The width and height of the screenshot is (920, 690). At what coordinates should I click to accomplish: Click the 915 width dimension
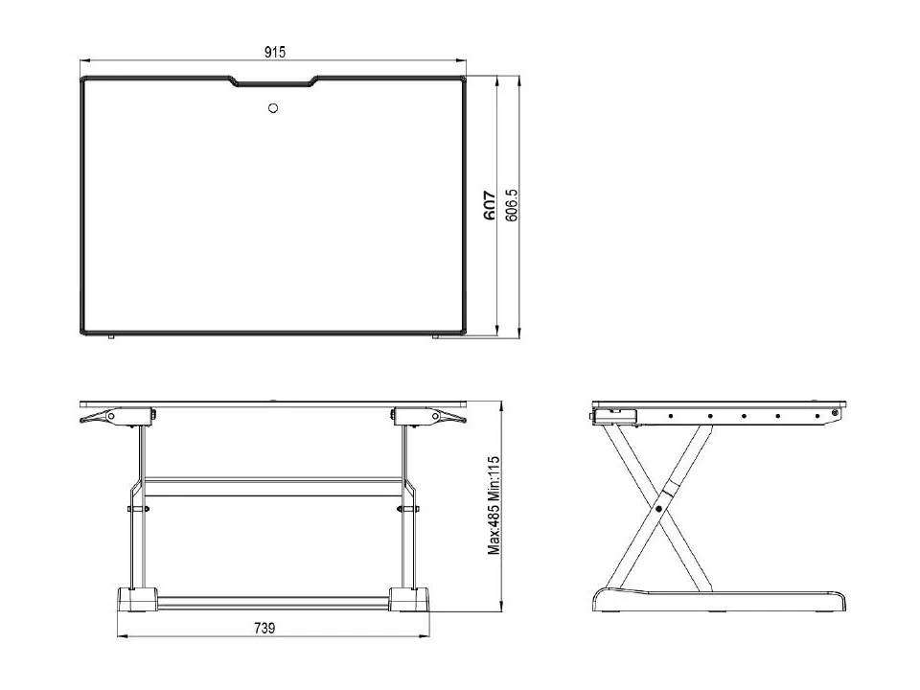275,53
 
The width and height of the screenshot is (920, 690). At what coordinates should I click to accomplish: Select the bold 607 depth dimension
488,205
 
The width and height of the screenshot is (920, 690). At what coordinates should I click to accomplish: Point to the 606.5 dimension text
512,205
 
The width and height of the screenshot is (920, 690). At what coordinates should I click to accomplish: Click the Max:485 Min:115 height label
494,504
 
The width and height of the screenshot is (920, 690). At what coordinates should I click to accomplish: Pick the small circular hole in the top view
273,107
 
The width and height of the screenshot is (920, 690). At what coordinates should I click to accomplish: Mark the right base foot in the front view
410,600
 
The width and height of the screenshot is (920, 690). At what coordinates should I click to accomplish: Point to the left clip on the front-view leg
138,510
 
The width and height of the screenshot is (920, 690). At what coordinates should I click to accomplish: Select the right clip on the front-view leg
408,510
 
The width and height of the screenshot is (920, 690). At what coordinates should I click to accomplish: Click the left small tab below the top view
113,336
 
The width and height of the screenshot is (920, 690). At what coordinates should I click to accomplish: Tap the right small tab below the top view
436,336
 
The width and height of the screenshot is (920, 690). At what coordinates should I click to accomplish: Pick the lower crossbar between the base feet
273,601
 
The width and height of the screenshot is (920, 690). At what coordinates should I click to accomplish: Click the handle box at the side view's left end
614,415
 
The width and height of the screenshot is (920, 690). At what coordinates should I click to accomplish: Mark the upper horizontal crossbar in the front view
273,488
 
